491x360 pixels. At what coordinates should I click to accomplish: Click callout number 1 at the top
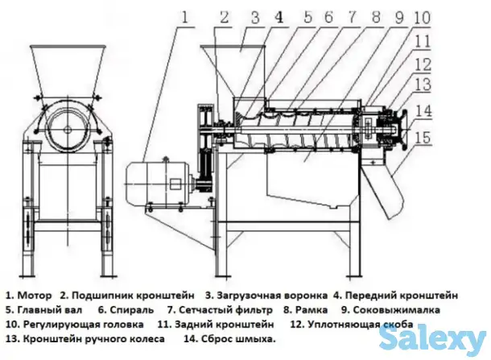(184, 15)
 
